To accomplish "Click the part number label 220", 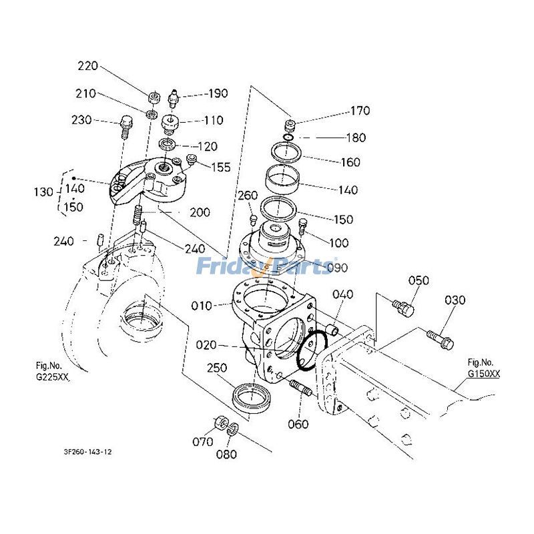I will click(87, 66).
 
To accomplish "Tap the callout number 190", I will click(217, 93).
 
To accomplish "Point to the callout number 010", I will click(201, 306).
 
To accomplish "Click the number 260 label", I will click(248, 195).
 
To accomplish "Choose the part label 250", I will click(217, 368).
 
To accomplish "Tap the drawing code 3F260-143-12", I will click(83, 452).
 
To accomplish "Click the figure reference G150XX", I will click(483, 374).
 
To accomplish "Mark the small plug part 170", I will click(290, 125).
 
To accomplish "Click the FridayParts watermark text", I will click(267, 267).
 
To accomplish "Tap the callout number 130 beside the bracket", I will click(43, 192).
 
